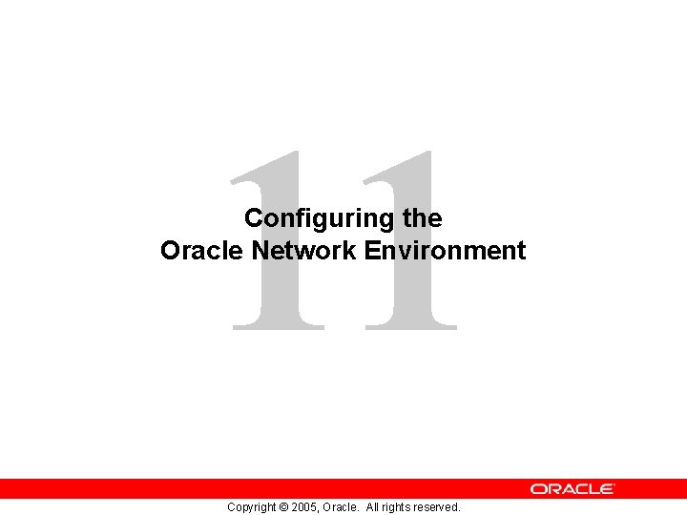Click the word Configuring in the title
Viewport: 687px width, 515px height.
click(320, 218)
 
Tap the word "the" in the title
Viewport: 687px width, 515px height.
click(423, 218)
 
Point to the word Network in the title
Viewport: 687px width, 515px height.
click(304, 251)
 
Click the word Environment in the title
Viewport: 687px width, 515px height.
click(445, 251)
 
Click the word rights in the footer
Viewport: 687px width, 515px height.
click(401, 507)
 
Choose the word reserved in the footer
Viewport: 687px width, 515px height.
click(440, 507)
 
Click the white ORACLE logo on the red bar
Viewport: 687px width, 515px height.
click(572, 488)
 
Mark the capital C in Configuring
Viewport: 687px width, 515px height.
click(254, 218)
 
